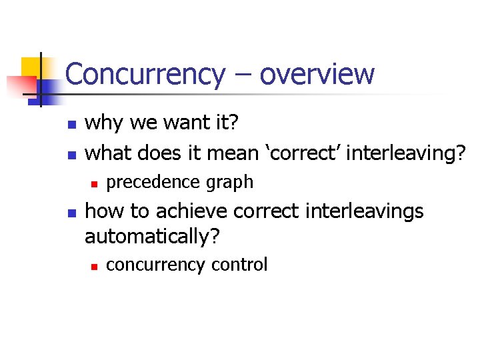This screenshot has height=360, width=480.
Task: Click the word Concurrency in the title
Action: tap(145, 74)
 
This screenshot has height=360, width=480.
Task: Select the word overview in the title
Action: tap(317, 74)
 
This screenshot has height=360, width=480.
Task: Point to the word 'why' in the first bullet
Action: tap(104, 124)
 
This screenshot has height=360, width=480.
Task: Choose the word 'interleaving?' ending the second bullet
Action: tap(405, 153)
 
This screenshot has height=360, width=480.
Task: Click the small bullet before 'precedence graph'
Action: tap(95, 183)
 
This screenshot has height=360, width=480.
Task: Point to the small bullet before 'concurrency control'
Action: tap(95, 266)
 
